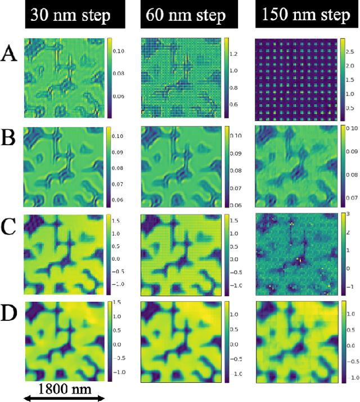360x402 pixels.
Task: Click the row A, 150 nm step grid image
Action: (296, 78)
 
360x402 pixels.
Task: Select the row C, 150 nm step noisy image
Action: (296, 253)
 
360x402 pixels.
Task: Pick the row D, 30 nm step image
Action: (64, 342)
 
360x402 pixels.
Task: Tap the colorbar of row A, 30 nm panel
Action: (109, 78)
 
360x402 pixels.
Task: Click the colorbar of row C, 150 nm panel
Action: (343, 253)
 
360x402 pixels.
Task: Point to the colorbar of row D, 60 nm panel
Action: (226, 342)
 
